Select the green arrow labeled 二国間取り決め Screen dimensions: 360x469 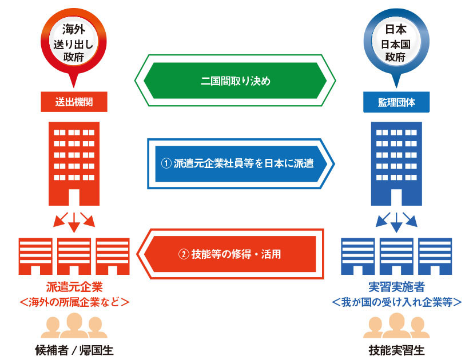235,81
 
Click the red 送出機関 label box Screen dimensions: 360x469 74,102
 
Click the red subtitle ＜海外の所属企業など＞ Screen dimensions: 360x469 74,301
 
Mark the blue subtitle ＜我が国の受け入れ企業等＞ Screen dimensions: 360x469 396,301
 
